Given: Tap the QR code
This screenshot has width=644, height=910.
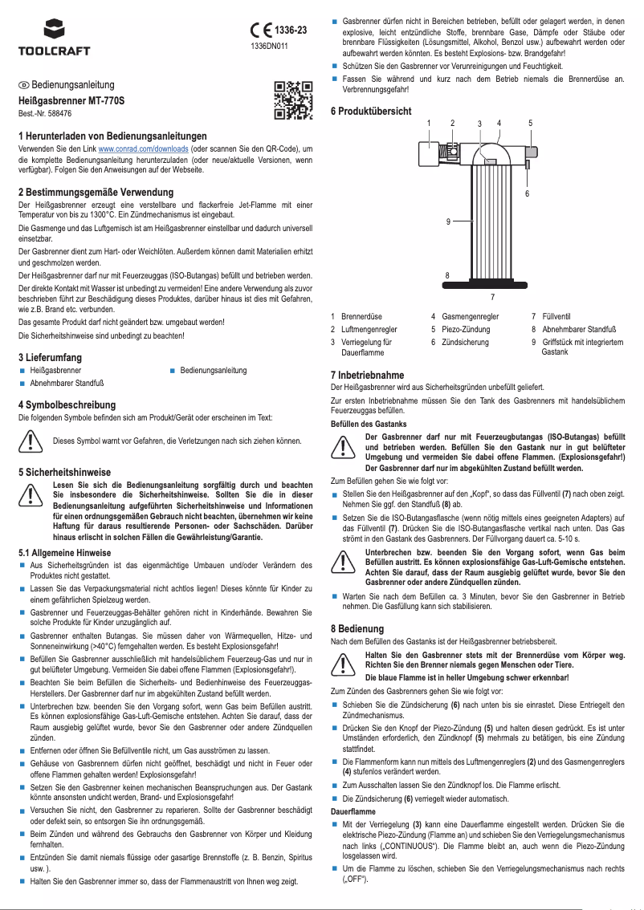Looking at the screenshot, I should (292, 100).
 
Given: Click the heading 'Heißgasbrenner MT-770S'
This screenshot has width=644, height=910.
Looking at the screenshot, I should (71, 102).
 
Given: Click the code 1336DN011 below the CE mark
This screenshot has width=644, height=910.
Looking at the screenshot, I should (269, 47).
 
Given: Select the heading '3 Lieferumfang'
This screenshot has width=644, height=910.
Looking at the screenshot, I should (51, 356).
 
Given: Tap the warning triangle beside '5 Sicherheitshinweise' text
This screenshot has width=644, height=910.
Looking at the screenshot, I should (31, 496).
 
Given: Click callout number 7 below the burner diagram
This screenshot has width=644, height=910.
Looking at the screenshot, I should (491, 296).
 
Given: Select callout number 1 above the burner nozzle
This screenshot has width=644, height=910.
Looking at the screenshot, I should (429, 123).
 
